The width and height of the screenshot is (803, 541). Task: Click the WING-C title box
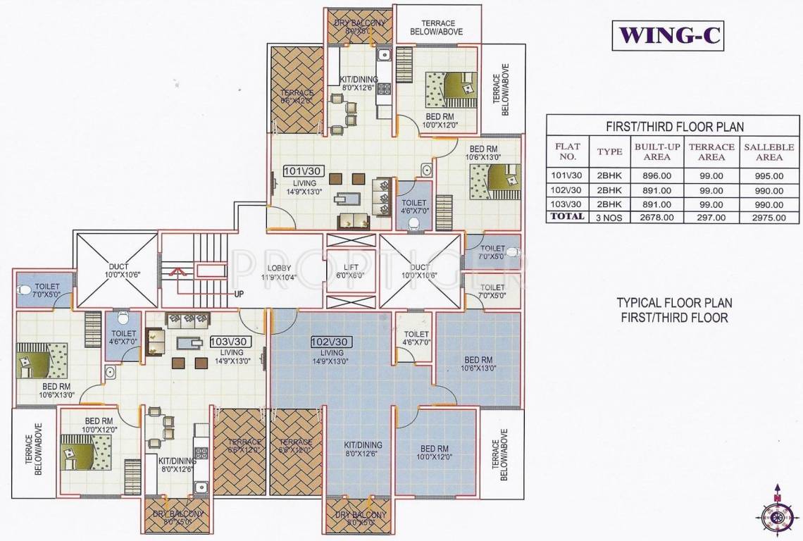[668, 35]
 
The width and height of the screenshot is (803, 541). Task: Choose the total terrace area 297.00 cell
[711, 218]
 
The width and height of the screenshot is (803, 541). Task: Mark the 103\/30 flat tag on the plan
[230, 342]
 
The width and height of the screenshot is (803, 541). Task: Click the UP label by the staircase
[239, 292]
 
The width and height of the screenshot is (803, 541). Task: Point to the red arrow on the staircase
[179, 270]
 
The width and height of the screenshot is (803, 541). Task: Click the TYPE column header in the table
[610, 151]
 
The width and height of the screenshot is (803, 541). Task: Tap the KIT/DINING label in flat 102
[363, 449]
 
